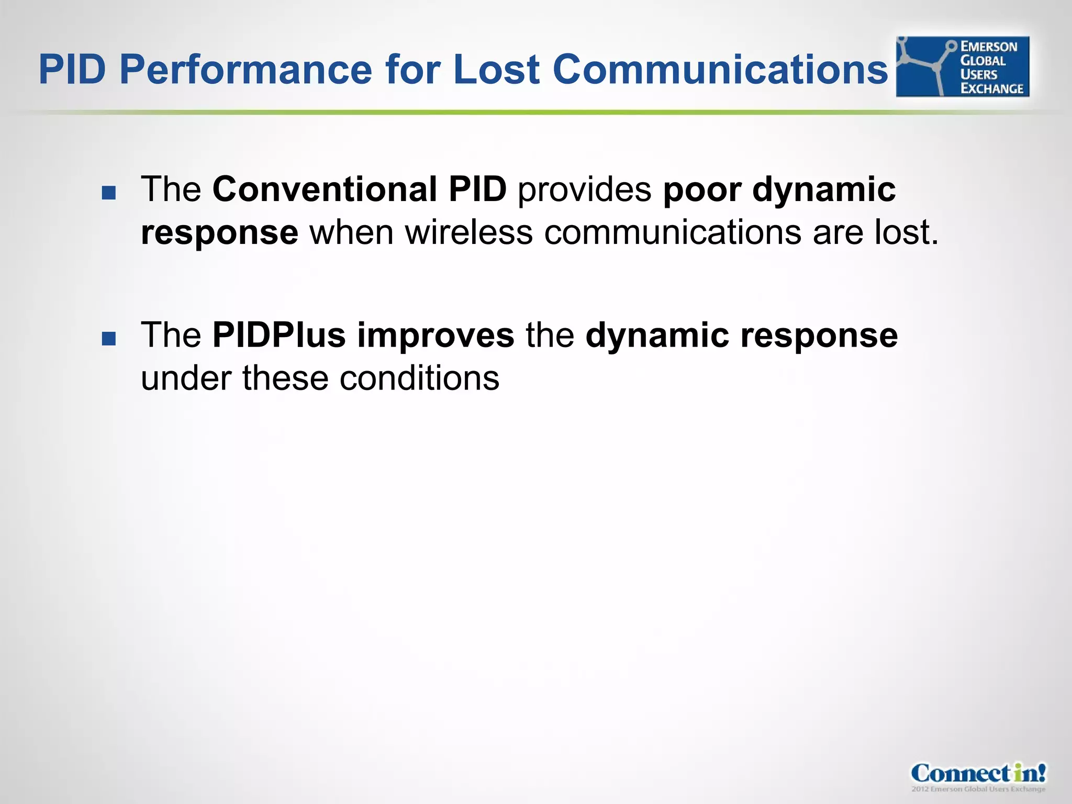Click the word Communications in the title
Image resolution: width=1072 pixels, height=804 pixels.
point(720,70)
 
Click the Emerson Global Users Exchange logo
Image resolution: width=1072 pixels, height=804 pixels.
point(962,66)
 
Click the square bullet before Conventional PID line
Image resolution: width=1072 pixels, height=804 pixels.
point(109,193)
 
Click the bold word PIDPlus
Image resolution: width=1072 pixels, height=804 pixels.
point(279,335)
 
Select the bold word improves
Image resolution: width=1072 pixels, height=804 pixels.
point(435,335)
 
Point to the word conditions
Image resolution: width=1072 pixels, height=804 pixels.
point(419,378)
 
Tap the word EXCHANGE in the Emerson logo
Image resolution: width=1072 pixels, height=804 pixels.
point(991,88)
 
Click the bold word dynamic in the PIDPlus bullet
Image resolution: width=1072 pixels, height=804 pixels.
point(657,335)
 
